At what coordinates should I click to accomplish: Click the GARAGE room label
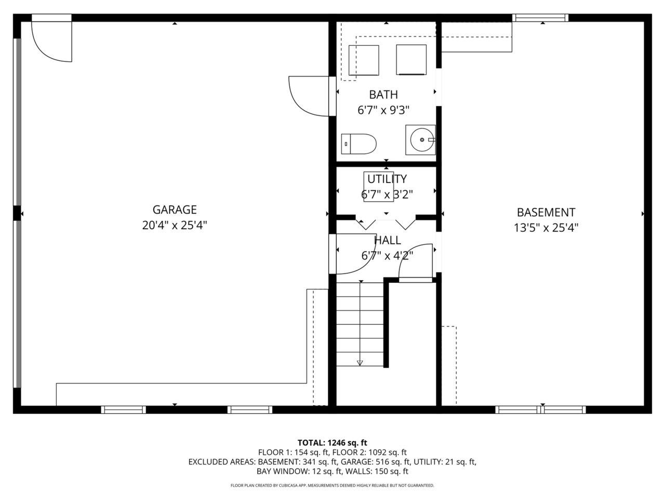[x=175, y=209]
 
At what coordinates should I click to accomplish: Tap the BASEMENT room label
[x=546, y=213]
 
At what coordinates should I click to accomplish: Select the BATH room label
[x=383, y=95]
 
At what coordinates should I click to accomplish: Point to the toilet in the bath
[x=358, y=144]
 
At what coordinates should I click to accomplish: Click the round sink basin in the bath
[x=422, y=140]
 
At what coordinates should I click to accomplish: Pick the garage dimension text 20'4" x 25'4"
[x=175, y=225]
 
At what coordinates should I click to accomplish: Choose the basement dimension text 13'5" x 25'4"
[x=546, y=228]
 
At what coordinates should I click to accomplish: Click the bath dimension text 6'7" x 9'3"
[x=383, y=110]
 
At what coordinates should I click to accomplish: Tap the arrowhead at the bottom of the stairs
[x=360, y=363]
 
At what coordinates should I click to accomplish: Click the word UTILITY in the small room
[x=387, y=179]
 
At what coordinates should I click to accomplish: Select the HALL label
[x=388, y=240]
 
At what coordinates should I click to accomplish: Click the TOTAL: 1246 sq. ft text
[x=332, y=443]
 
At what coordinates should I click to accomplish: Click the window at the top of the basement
[x=540, y=18]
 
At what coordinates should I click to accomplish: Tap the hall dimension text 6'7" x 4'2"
[x=387, y=256]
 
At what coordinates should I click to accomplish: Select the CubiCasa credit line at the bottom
[x=332, y=485]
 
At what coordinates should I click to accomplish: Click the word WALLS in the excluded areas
[x=359, y=471]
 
